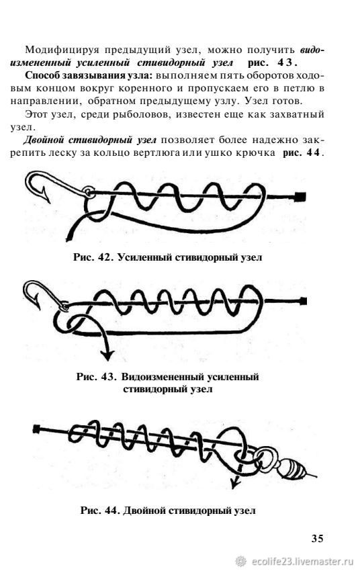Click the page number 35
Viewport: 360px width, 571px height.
(x=317, y=538)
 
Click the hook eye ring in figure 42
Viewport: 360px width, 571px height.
(x=89, y=192)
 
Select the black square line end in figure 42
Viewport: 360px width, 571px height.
(x=301, y=197)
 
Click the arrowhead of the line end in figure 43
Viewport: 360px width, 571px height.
(x=107, y=354)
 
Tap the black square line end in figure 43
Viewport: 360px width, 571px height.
(x=303, y=302)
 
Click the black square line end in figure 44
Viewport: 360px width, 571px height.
(x=36, y=429)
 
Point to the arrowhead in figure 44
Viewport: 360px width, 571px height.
(x=236, y=484)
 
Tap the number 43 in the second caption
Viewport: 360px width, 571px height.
(x=109, y=376)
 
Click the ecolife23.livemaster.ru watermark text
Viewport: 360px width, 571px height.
(x=302, y=561)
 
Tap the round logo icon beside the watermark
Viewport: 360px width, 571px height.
(x=240, y=561)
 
